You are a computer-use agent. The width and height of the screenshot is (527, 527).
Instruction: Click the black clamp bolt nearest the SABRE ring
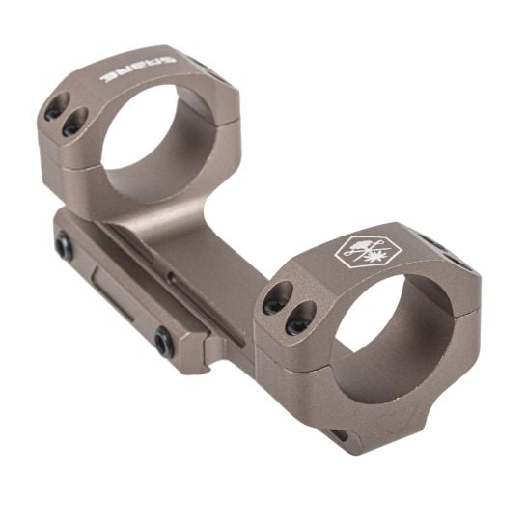coord(64,248)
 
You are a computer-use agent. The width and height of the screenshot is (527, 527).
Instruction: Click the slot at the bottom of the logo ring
coord(338,435)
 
